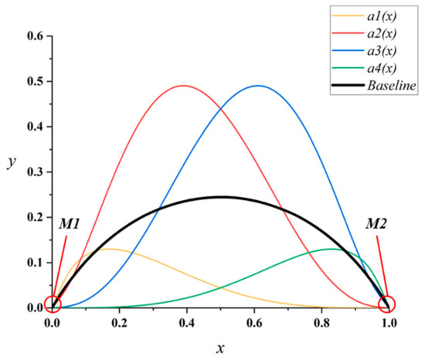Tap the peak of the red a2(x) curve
point(183,86)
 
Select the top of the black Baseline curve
point(220,196)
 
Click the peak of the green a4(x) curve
point(331,249)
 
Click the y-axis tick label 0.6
point(32,36)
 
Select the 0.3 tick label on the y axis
point(32,172)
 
